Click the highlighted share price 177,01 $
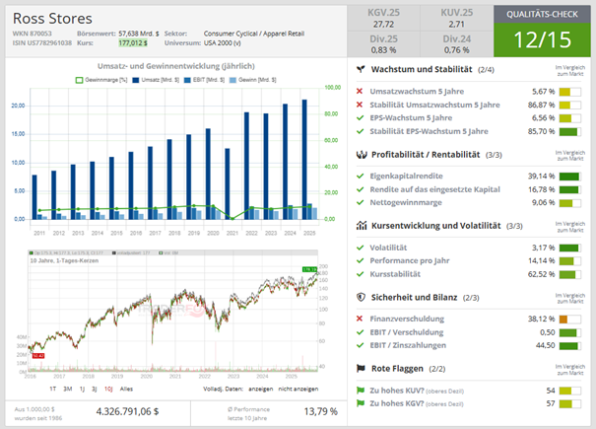pyautogui.click(x=131, y=43)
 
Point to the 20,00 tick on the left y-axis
pyautogui.click(x=16, y=106)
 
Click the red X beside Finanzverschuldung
pyautogui.click(x=360, y=319)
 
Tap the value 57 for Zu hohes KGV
pyautogui.click(x=551, y=403)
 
